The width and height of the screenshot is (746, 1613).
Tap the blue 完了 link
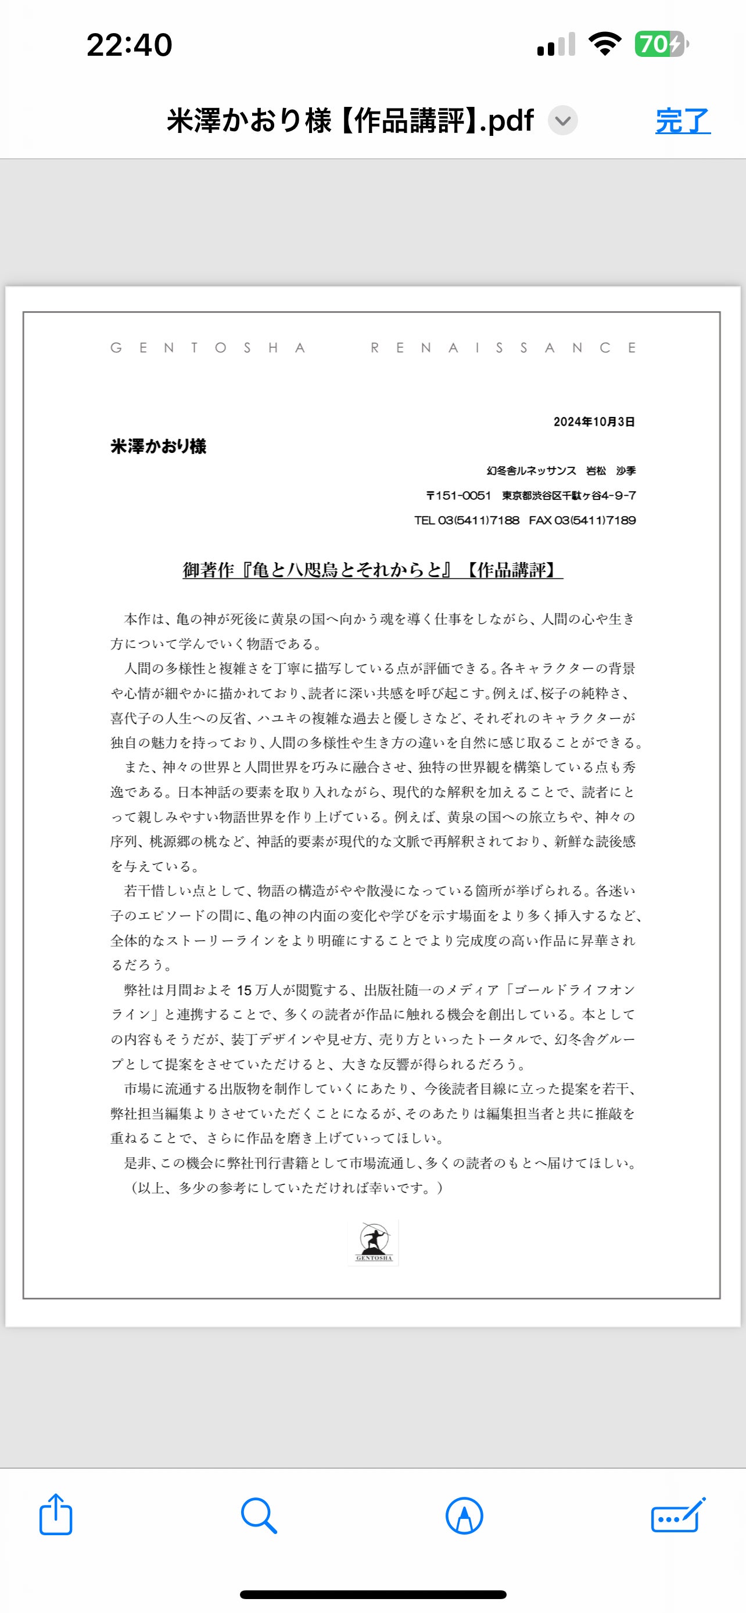pyautogui.click(x=682, y=120)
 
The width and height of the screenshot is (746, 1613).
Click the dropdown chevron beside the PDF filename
pyautogui.click(x=562, y=120)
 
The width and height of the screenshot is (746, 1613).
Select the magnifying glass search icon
pyautogui.click(x=259, y=1515)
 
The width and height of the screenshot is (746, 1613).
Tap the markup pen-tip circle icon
pyautogui.click(x=464, y=1516)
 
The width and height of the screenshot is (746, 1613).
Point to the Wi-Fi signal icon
pyautogui.click(x=604, y=45)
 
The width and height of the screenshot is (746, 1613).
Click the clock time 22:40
pyautogui.click(x=129, y=45)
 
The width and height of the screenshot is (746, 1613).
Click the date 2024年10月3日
pyautogui.click(x=594, y=422)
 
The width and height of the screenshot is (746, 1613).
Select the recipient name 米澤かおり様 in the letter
pyautogui.click(x=159, y=447)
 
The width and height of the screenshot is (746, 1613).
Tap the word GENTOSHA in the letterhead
pyautogui.click(x=208, y=348)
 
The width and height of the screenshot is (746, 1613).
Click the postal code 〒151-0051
pyautogui.click(x=458, y=496)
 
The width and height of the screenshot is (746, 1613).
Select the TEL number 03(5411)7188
pyautogui.click(x=479, y=520)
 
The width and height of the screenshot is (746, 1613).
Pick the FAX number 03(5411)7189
pyautogui.click(x=594, y=520)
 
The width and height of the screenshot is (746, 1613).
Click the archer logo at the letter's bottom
pyautogui.click(x=374, y=1241)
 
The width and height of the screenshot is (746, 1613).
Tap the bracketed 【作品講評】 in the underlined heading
pyautogui.click(x=511, y=570)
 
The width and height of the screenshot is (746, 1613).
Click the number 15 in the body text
pyautogui.click(x=243, y=991)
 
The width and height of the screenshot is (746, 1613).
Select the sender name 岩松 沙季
pyautogui.click(x=611, y=471)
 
